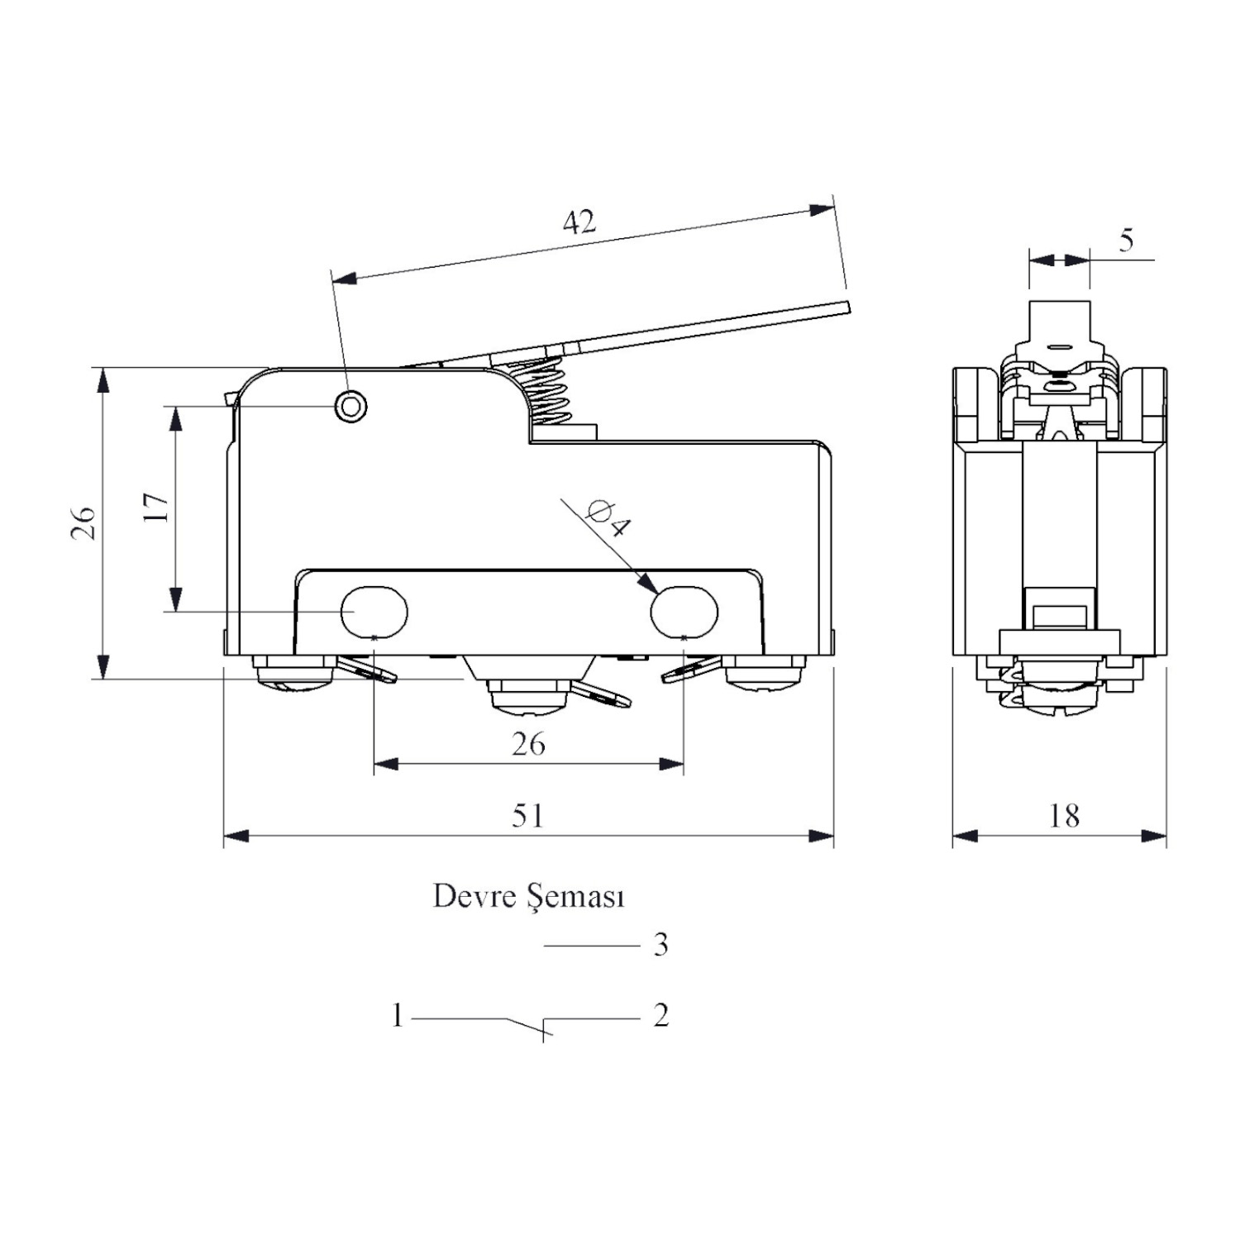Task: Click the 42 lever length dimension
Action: pyautogui.click(x=579, y=222)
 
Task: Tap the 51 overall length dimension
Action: pyautogui.click(x=528, y=816)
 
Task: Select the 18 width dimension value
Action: pyautogui.click(x=1064, y=816)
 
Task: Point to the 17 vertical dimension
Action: pyautogui.click(x=156, y=507)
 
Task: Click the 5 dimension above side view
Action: pyautogui.click(x=1127, y=240)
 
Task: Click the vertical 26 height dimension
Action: pyautogui.click(x=83, y=523)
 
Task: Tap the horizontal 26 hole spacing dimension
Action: pyautogui.click(x=528, y=744)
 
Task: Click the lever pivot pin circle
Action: pyautogui.click(x=351, y=406)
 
